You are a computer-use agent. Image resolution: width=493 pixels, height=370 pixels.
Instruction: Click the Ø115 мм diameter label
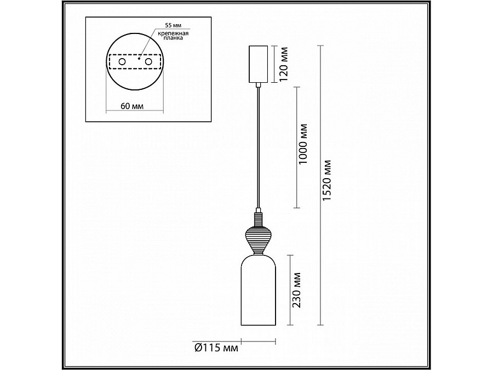pyautogui.click(x=215, y=347)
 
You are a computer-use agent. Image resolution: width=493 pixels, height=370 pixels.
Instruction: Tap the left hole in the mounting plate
pyautogui.click(x=122, y=63)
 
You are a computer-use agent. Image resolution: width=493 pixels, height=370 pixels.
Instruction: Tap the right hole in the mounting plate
pyautogui.click(x=147, y=63)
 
